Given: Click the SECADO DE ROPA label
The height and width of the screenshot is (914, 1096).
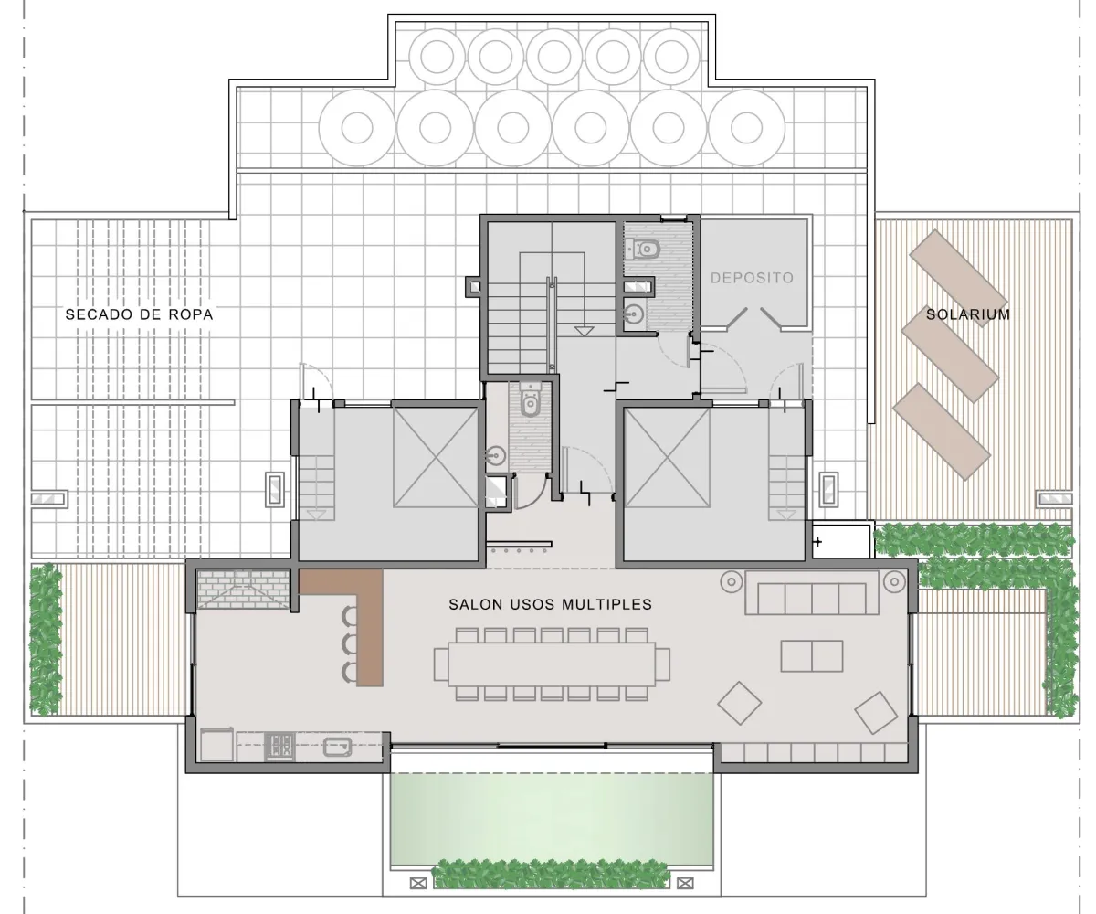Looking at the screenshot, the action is (139, 314).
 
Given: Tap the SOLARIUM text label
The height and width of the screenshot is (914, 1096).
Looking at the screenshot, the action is (968, 314).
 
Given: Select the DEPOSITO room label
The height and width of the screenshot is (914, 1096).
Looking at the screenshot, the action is (753, 278).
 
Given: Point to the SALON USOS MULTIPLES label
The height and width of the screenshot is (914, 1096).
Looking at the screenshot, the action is (550, 604).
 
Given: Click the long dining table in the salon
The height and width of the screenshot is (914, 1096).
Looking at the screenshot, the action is (552, 664).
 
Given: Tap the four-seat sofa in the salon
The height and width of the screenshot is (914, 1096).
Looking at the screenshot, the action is (812, 593).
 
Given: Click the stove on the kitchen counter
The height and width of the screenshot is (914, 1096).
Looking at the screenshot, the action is (279, 747).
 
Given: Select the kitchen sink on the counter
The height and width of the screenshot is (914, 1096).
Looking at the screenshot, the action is (338, 747).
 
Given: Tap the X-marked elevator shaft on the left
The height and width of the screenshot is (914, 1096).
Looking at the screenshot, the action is (436, 458).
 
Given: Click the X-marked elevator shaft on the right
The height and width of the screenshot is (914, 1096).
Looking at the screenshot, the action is (667, 458).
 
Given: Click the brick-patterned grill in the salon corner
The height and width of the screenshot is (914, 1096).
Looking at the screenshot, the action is (243, 590).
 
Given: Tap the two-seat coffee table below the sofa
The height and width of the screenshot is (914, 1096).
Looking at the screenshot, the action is (812, 656).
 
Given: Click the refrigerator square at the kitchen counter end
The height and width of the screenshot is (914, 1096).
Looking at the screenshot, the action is (216, 744).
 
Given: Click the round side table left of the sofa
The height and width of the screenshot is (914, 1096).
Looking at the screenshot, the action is (732, 581).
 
